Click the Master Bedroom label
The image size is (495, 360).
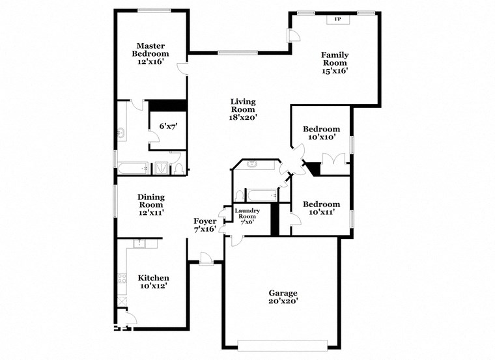tap(150, 53)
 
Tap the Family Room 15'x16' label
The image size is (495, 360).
tap(335, 63)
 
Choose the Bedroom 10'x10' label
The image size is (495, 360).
tap(322, 133)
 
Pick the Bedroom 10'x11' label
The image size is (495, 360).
tap(322, 208)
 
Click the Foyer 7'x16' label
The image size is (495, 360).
tap(205, 225)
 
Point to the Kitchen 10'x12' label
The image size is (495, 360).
tap(153, 282)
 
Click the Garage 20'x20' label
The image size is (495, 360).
tap(283, 297)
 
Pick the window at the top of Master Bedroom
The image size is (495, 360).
tap(154, 10)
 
